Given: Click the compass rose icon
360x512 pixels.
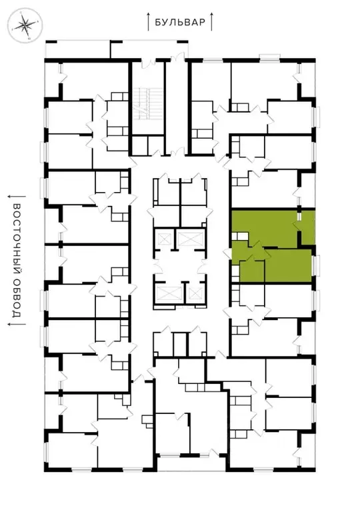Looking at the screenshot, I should [x=25, y=27].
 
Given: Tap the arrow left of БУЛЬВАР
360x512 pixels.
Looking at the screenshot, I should [x=149, y=21].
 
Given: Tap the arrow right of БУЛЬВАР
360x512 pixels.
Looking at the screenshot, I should [x=211, y=21].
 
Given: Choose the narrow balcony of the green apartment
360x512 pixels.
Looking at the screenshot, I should [x=307, y=227].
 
